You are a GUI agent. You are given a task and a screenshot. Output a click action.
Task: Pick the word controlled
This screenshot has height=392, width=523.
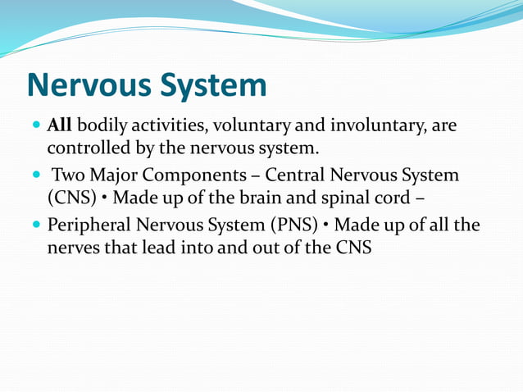point(85,150)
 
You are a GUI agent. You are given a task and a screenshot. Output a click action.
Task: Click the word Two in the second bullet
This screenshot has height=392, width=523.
point(68,175)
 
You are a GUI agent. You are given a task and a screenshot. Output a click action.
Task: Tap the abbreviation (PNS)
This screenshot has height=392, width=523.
point(298,224)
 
